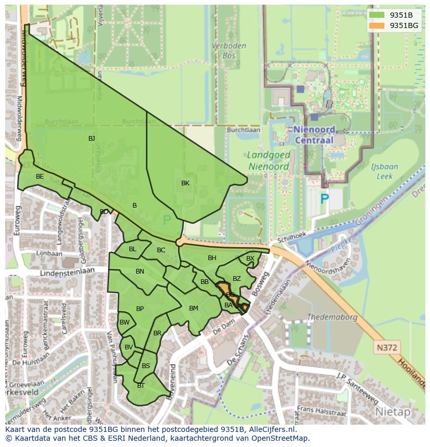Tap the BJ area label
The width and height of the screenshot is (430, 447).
91,138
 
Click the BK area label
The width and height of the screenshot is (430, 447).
185,183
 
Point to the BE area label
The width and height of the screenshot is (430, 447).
40,177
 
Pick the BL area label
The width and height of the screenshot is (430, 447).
132,249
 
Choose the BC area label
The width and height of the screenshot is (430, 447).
161,250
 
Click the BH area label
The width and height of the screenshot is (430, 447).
212,258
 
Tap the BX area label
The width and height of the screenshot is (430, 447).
250,259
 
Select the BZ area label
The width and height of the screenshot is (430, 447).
237,279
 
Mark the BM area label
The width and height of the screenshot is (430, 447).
194,308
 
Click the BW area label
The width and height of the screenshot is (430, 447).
125,322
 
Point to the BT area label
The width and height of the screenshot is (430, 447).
141,386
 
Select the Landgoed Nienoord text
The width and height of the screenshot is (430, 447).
268,161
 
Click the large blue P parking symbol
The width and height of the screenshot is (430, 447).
325,198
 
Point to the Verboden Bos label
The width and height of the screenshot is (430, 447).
229,50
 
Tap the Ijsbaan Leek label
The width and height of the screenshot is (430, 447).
384,171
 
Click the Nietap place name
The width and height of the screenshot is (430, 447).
392,412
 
